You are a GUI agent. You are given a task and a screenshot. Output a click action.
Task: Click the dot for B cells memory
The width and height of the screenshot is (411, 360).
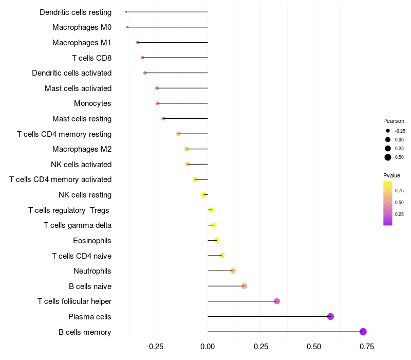(x=363, y=332)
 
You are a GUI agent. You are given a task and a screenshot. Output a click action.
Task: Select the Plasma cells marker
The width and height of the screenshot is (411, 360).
(x=330, y=316)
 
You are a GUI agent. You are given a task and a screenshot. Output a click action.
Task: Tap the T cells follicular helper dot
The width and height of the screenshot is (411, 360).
(x=277, y=301)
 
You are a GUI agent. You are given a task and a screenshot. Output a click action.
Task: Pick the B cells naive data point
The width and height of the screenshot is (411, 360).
(x=244, y=286)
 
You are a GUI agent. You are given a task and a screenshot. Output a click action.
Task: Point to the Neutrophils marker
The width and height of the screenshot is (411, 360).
(x=233, y=271)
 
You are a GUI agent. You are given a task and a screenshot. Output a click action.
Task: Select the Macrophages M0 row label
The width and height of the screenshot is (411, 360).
(x=82, y=27)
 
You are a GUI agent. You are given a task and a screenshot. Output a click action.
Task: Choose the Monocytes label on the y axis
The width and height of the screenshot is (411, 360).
(x=92, y=103)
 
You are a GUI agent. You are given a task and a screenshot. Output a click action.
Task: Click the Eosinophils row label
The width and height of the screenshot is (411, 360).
(x=92, y=240)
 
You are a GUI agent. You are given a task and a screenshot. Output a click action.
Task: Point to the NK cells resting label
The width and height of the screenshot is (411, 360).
(x=85, y=195)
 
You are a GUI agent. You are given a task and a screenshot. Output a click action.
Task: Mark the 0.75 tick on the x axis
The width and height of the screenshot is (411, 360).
(x=366, y=347)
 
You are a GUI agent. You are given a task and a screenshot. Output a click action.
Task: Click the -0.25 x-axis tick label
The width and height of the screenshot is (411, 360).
(x=155, y=347)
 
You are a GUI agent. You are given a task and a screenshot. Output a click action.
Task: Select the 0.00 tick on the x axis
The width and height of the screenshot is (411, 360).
(x=208, y=347)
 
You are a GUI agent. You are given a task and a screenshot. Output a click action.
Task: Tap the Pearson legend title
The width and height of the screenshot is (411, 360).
(x=394, y=121)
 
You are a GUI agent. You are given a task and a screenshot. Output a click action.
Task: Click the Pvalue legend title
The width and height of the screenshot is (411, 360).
(x=391, y=175)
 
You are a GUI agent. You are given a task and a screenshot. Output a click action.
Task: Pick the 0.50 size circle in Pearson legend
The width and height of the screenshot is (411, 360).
(x=388, y=157)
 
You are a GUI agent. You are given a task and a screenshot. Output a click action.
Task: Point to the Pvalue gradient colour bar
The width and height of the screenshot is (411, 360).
(x=388, y=203)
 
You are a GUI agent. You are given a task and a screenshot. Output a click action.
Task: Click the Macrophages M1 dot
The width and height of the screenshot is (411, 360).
(x=138, y=42)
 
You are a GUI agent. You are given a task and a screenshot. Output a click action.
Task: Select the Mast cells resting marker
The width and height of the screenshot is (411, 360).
(x=163, y=119)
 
